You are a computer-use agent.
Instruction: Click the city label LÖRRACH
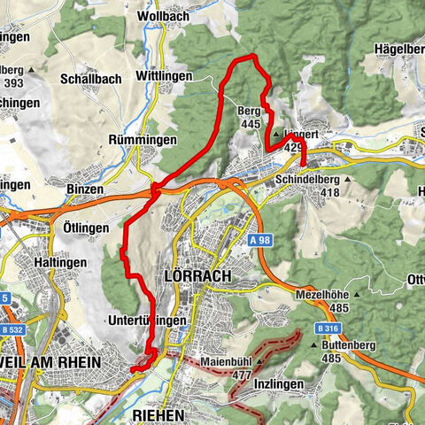coord(197,276)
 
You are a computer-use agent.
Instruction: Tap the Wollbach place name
coord(162,16)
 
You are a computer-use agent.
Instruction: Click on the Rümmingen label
coord(139,140)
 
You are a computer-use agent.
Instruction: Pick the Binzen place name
coord(85,189)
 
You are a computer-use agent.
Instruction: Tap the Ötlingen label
coord(87,228)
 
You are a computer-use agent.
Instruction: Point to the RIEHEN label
coord(160,414)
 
